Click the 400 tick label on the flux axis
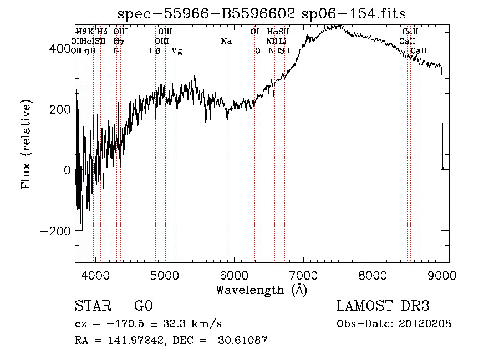click(x=60, y=49)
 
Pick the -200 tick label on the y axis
click(x=56, y=231)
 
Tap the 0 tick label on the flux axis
click(x=67, y=170)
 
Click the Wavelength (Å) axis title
click(x=261, y=289)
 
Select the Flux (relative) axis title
click(x=27, y=145)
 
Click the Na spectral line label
click(x=226, y=41)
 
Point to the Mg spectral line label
click(x=176, y=51)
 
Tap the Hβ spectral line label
click(x=155, y=51)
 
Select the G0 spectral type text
click(x=143, y=306)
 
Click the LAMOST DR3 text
click(x=383, y=306)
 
